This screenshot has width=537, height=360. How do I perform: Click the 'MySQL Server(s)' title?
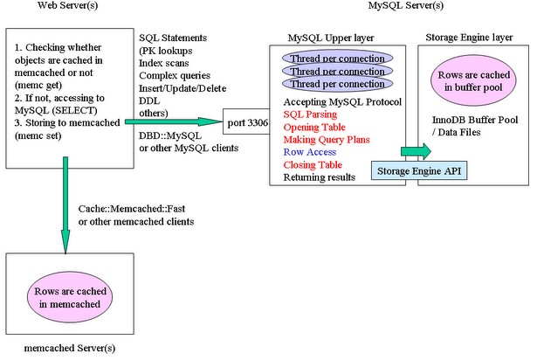click(x=404, y=8)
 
